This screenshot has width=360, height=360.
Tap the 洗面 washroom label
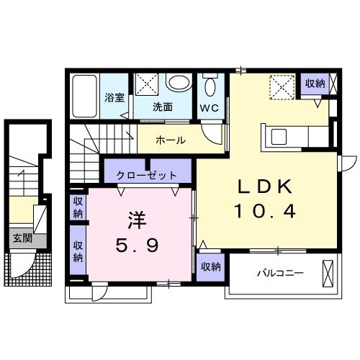click(x=162, y=107)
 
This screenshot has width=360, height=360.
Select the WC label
click(x=210, y=107)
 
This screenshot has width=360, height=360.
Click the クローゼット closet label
click(x=148, y=174)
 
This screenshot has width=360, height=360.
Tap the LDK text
click(x=265, y=186)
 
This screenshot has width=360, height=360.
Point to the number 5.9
click(x=137, y=245)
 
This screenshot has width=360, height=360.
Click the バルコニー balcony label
click(x=279, y=273)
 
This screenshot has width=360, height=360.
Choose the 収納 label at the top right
click(x=315, y=84)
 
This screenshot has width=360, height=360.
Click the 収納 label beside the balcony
click(x=210, y=267)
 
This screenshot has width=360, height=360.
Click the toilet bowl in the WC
click(x=210, y=87)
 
